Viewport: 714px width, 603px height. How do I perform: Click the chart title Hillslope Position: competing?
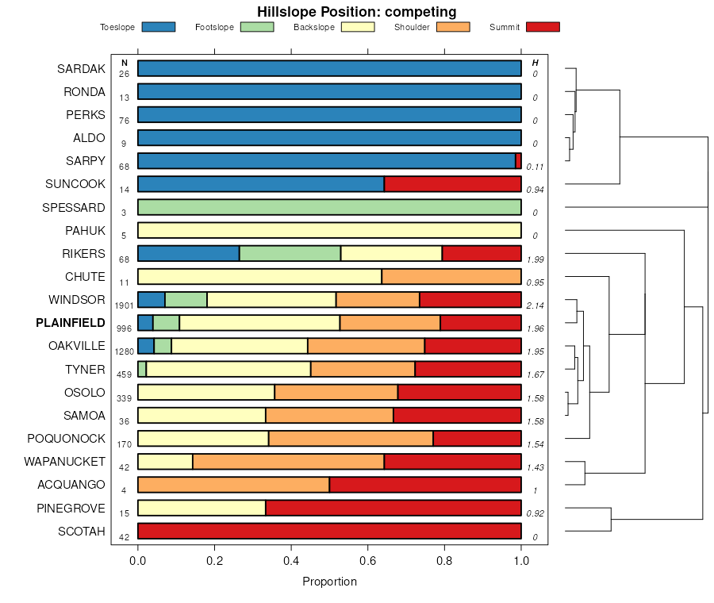[x=356, y=11]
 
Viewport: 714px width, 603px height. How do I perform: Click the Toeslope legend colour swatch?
[x=158, y=27]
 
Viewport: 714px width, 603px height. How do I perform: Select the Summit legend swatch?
[x=543, y=27]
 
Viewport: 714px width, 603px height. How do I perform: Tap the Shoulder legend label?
[x=412, y=28]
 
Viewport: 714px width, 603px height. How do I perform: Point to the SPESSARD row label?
[x=74, y=208]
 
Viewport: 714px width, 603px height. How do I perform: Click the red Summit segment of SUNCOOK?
[x=452, y=184]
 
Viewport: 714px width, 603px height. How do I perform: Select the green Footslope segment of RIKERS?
[x=290, y=254]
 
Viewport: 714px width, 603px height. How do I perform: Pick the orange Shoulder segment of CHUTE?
[x=451, y=277]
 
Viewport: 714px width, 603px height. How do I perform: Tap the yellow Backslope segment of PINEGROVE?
[x=202, y=508]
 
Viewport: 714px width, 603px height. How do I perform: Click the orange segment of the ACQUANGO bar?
[x=233, y=485]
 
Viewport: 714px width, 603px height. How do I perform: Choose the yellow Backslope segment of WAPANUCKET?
[x=165, y=462]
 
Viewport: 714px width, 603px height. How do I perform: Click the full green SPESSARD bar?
[x=329, y=208]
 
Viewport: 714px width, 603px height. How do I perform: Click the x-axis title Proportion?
[x=329, y=582]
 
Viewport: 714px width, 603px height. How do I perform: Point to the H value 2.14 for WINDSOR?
[x=535, y=305]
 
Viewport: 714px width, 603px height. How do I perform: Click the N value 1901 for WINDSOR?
[x=124, y=305]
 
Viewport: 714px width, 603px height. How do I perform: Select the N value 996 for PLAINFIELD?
[x=124, y=328]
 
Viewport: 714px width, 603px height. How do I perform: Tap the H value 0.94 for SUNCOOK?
[x=535, y=190]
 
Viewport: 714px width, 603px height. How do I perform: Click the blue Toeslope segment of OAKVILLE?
[x=145, y=346]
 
